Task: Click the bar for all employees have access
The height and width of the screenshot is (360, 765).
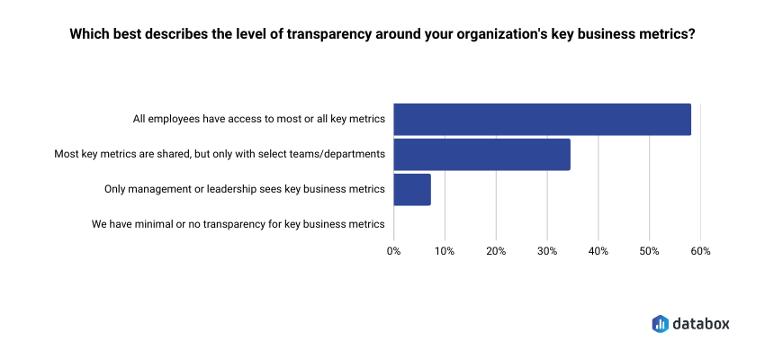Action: (x=542, y=120)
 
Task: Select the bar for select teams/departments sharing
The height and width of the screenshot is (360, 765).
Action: (x=481, y=154)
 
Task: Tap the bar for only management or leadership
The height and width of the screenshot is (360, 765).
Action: (x=412, y=189)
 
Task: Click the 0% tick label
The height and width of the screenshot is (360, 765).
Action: (x=393, y=251)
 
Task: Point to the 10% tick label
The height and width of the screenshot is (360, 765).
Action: (x=445, y=251)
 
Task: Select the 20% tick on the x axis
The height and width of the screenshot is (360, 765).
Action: (x=496, y=251)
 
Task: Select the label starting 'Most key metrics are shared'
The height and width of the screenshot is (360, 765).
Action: (x=220, y=154)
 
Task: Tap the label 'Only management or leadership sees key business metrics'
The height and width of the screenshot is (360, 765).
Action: (x=245, y=189)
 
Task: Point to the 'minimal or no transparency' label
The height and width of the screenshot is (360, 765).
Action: (x=238, y=223)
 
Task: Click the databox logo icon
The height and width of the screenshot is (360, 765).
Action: (x=660, y=323)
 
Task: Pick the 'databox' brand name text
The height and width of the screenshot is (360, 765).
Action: (x=701, y=323)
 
